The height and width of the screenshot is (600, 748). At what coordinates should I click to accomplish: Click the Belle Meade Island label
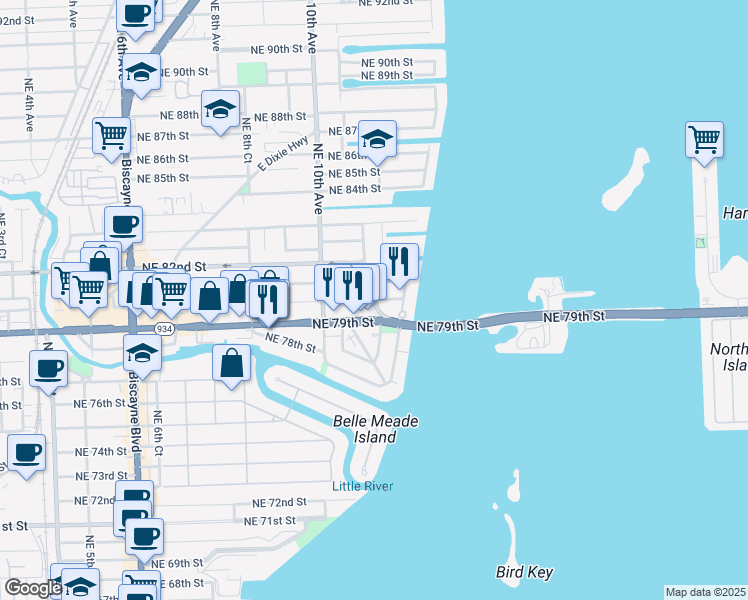click(375, 429)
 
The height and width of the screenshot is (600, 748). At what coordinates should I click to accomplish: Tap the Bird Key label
click(524, 572)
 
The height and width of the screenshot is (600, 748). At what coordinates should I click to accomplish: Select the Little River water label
click(363, 487)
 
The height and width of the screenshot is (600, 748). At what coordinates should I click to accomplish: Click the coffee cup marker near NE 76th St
click(47, 369)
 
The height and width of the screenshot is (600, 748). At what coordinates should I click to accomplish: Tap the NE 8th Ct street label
click(246, 140)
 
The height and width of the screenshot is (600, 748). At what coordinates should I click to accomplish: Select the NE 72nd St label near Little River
click(279, 502)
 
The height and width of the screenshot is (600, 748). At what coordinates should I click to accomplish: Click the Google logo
click(33, 589)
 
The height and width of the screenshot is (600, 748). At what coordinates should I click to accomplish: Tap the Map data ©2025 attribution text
click(706, 592)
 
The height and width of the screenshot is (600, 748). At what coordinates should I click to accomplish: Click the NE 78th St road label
click(291, 344)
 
